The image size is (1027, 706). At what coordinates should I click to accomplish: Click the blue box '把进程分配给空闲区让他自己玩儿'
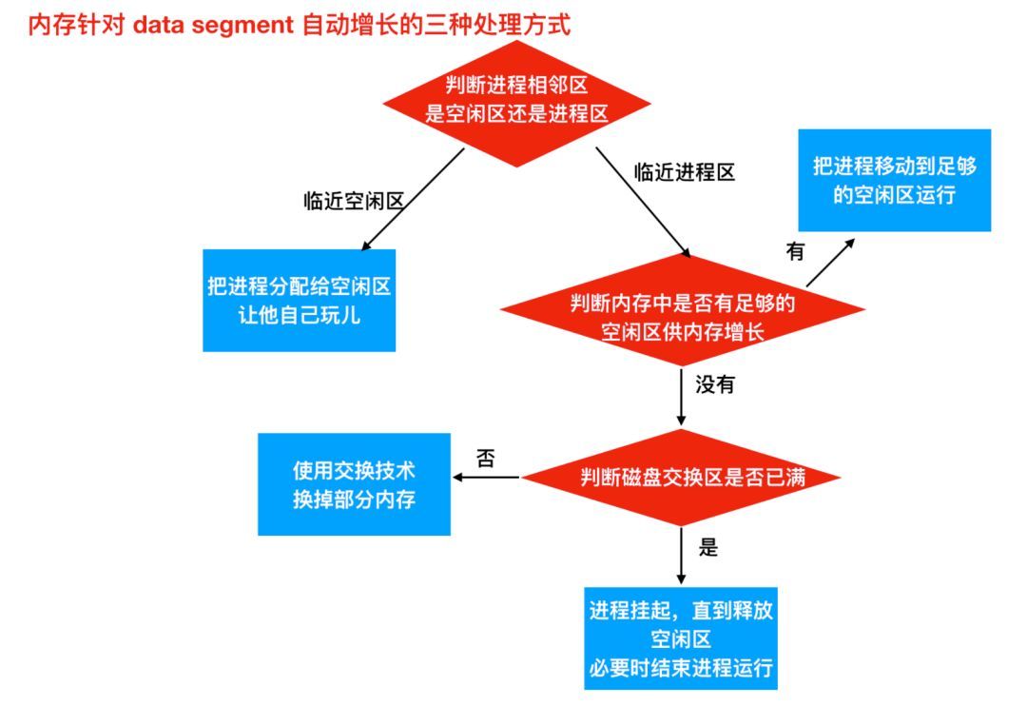tap(300, 300)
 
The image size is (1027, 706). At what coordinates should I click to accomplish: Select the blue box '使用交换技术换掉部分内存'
tap(354, 484)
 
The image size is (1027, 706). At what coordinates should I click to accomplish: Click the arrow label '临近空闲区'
tap(354, 202)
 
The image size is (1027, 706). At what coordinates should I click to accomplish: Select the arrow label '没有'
tap(714, 386)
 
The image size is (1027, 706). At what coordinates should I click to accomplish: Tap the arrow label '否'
tap(485, 459)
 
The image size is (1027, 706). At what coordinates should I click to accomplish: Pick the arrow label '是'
tap(707, 548)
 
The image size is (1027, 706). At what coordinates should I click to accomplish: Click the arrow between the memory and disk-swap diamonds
tap(681, 397)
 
